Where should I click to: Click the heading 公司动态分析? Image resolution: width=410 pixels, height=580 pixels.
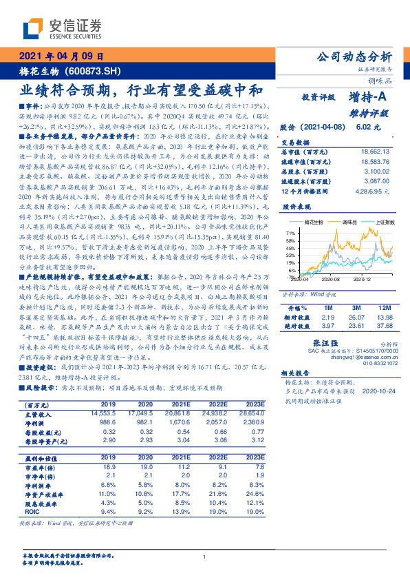point(353,57)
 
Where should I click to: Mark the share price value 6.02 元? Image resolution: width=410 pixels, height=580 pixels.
point(364,127)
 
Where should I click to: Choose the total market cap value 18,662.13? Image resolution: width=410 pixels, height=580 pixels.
point(376,150)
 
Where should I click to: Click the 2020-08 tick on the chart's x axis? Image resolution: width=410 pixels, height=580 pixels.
point(330,280)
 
